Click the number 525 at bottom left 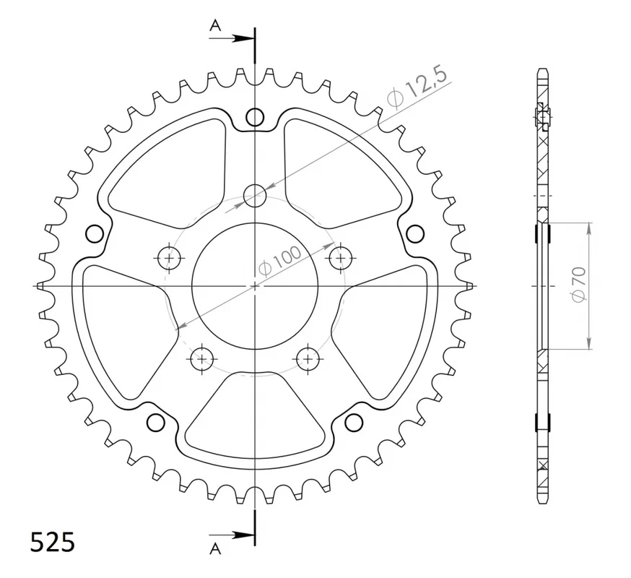(52, 542)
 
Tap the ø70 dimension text (578, 283)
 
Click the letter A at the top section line (216, 26)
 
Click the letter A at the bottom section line (216, 548)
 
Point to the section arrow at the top (232, 39)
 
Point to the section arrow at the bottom (232, 535)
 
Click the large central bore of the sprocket (255, 286)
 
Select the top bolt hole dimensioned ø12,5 (255, 196)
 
